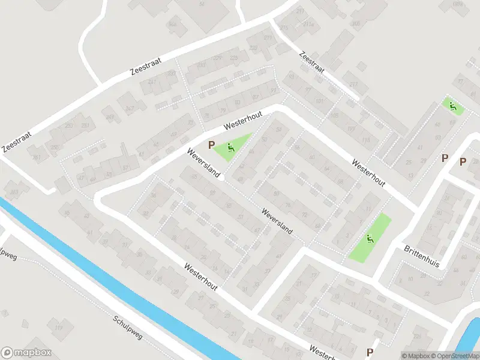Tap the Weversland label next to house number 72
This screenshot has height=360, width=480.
point(277,221)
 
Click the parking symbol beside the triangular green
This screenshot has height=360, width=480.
point(211,145)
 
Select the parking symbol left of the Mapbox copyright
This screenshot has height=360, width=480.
point(370,352)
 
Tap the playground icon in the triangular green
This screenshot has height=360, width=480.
point(231,146)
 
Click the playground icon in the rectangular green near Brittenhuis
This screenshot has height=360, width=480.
point(370,238)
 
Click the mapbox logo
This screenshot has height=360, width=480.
point(26,353)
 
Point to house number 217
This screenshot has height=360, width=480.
point(353,84)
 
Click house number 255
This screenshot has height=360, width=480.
point(55,148)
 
